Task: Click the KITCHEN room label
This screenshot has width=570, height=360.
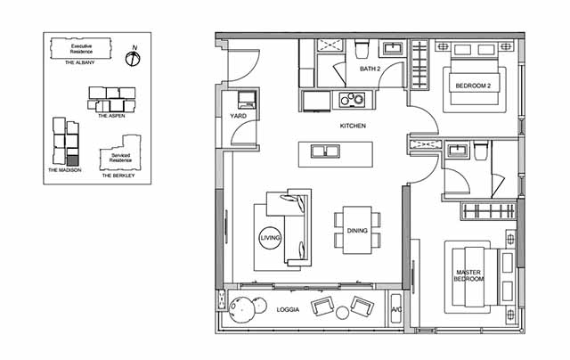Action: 353,126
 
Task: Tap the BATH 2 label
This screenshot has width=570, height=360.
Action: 370,69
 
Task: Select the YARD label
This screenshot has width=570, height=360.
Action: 238,116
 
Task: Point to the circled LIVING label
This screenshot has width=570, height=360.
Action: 271,237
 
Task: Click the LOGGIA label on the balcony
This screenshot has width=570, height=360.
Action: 288,310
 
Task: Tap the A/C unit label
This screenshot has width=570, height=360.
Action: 396,310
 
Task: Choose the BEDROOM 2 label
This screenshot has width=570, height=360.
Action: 473,86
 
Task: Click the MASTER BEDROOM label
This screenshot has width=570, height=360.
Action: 468,275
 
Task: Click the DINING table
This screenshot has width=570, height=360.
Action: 357,230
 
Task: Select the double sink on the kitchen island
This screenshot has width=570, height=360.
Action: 325,151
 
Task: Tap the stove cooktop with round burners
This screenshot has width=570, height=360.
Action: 352,100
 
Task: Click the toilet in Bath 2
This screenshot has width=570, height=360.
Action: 362,49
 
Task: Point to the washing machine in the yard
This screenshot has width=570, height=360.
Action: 247,100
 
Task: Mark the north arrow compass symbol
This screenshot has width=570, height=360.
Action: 133,58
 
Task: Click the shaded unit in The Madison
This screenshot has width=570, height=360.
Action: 73,160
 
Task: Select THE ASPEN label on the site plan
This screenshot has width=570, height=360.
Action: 111,116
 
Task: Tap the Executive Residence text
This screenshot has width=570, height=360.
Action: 81,49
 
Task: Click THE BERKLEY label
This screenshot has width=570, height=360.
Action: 118,176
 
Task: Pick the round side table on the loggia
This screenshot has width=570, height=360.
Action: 342,313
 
